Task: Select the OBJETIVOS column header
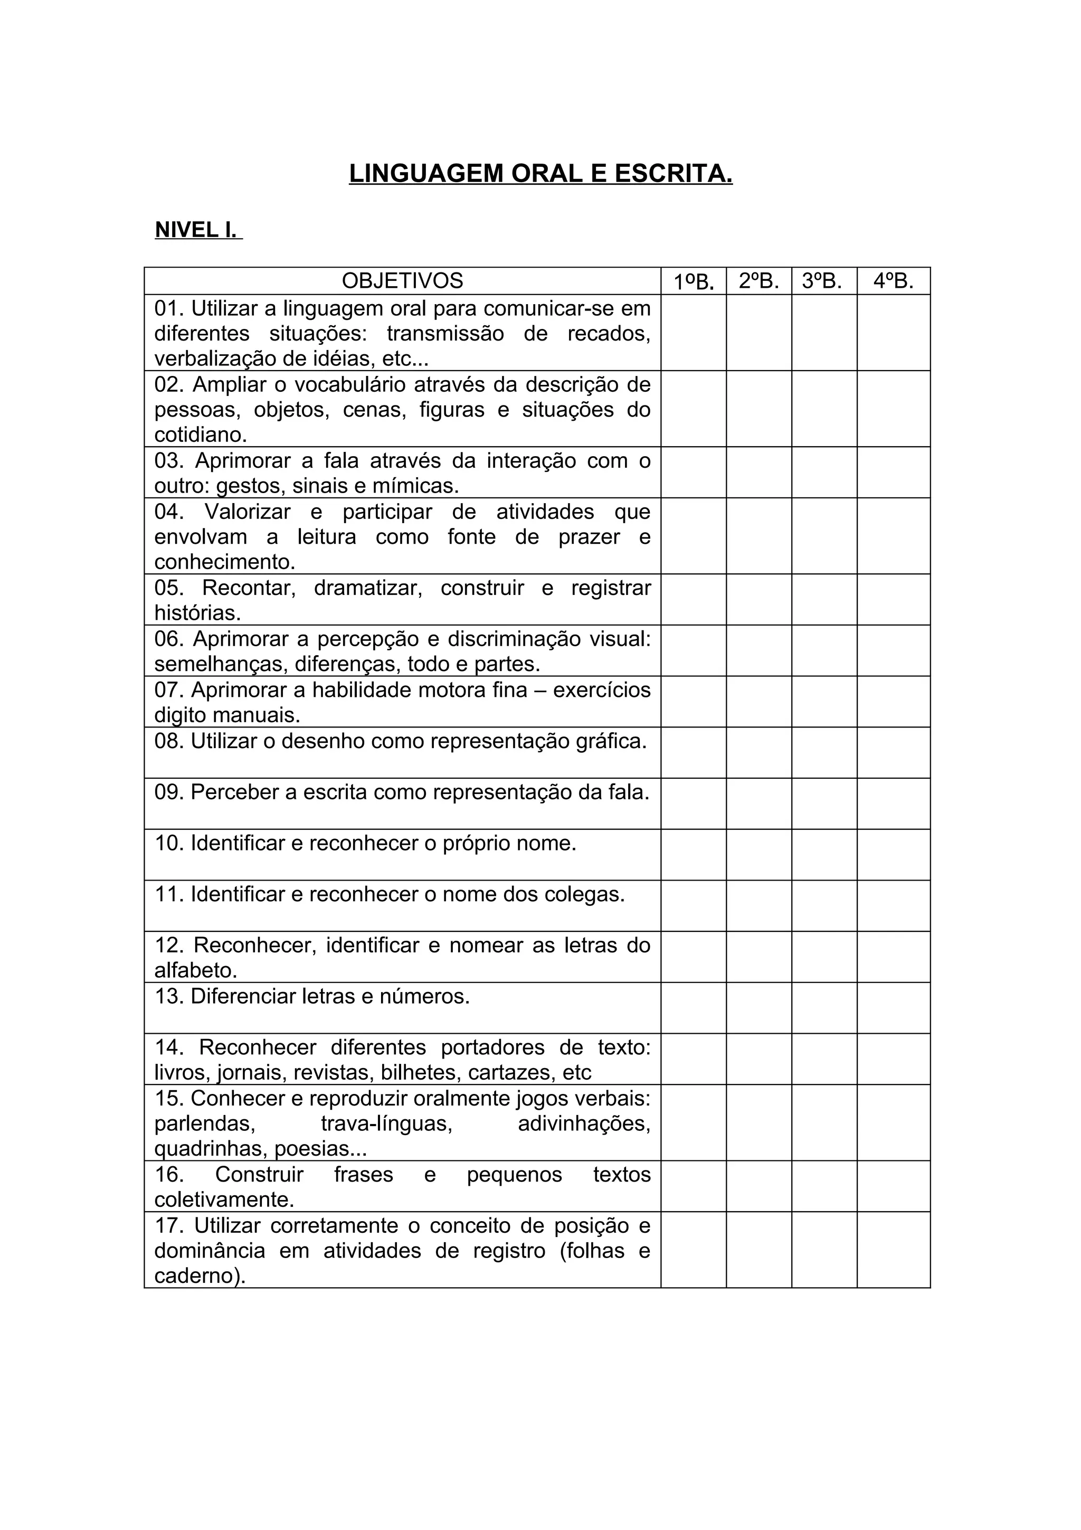tap(402, 280)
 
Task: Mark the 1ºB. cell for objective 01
tap(694, 333)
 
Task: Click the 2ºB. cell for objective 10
tap(758, 854)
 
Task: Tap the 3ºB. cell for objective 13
tap(824, 1007)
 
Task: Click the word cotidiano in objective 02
tap(199, 435)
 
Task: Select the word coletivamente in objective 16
tap(224, 1200)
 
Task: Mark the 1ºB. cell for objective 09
tap(694, 804)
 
